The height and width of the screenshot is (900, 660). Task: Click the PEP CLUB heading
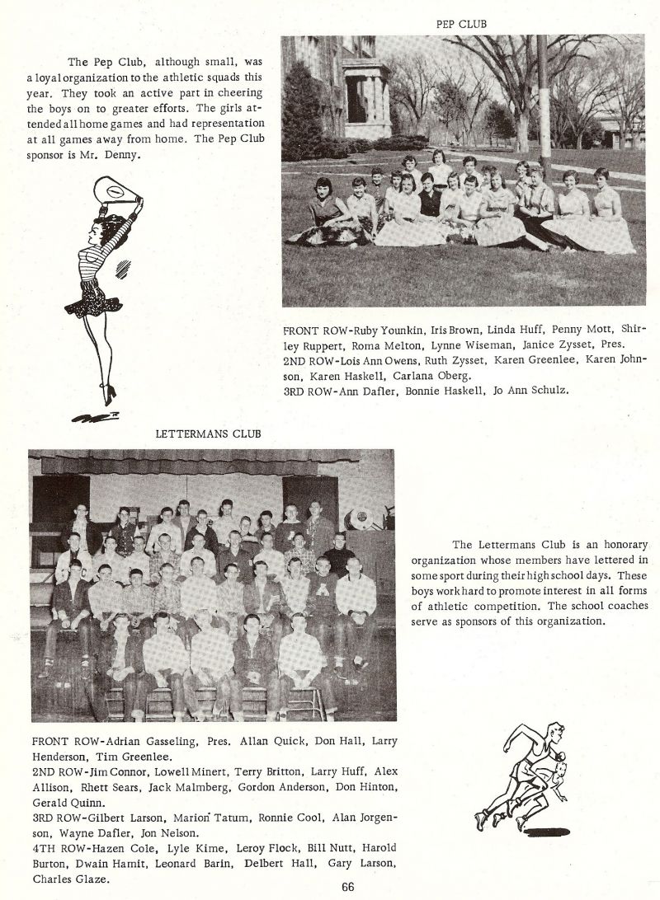point(461,25)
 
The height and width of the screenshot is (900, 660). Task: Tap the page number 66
point(347,887)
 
